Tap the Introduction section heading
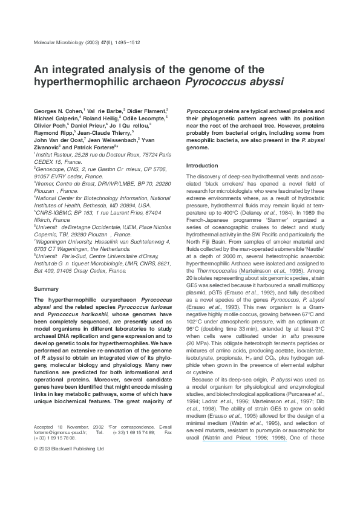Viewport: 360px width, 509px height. point(201,165)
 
